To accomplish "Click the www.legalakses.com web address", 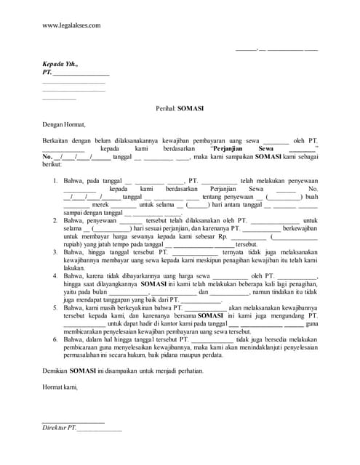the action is (x=71, y=25).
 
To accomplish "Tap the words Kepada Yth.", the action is (x=60, y=64).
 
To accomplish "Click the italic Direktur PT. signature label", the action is (x=59, y=429).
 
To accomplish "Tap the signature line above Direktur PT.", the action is (x=73, y=422).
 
